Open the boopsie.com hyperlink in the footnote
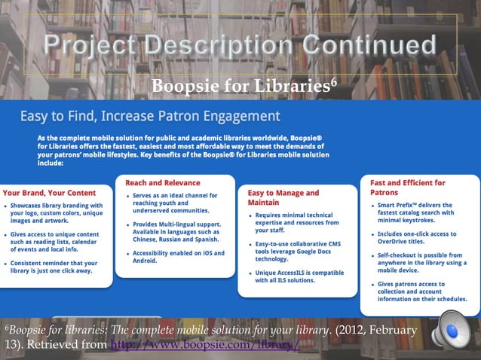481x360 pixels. tap(204, 345)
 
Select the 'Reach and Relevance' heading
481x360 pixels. tap(163, 182)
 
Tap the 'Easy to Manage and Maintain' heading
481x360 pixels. tap(283, 197)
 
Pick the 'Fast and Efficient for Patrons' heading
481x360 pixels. tap(407, 187)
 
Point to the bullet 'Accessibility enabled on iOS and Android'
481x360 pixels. tap(174, 257)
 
